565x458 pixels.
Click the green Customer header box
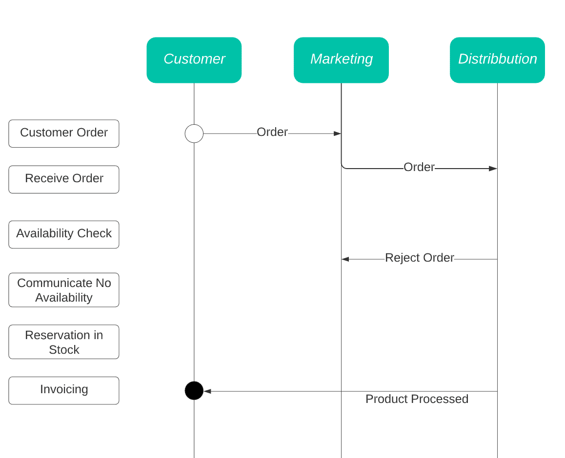[x=194, y=59]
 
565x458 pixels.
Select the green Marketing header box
[x=341, y=59]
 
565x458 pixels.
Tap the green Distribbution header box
[x=497, y=59]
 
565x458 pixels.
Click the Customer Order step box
[x=63, y=133]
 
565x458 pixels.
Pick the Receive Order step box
[x=63, y=179]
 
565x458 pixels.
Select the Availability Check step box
[x=63, y=234]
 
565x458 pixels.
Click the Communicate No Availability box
[x=63, y=290]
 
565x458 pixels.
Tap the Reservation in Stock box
[x=63, y=342]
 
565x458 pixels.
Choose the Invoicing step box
[x=63, y=390]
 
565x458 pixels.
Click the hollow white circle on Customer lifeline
[x=194, y=134]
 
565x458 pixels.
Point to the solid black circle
[x=194, y=391]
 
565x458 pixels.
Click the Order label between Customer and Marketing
[x=272, y=133]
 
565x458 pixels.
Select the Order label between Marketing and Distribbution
[x=419, y=167]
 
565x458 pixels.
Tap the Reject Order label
[x=419, y=258]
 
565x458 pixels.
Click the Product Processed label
[x=417, y=399]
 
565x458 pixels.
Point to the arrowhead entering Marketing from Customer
[x=337, y=134]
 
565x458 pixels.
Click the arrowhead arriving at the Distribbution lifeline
[x=493, y=169]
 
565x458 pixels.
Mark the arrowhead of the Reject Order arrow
[x=345, y=259]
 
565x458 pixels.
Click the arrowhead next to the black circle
[x=207, y=391]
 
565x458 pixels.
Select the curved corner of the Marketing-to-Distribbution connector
[x=343, y=167]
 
